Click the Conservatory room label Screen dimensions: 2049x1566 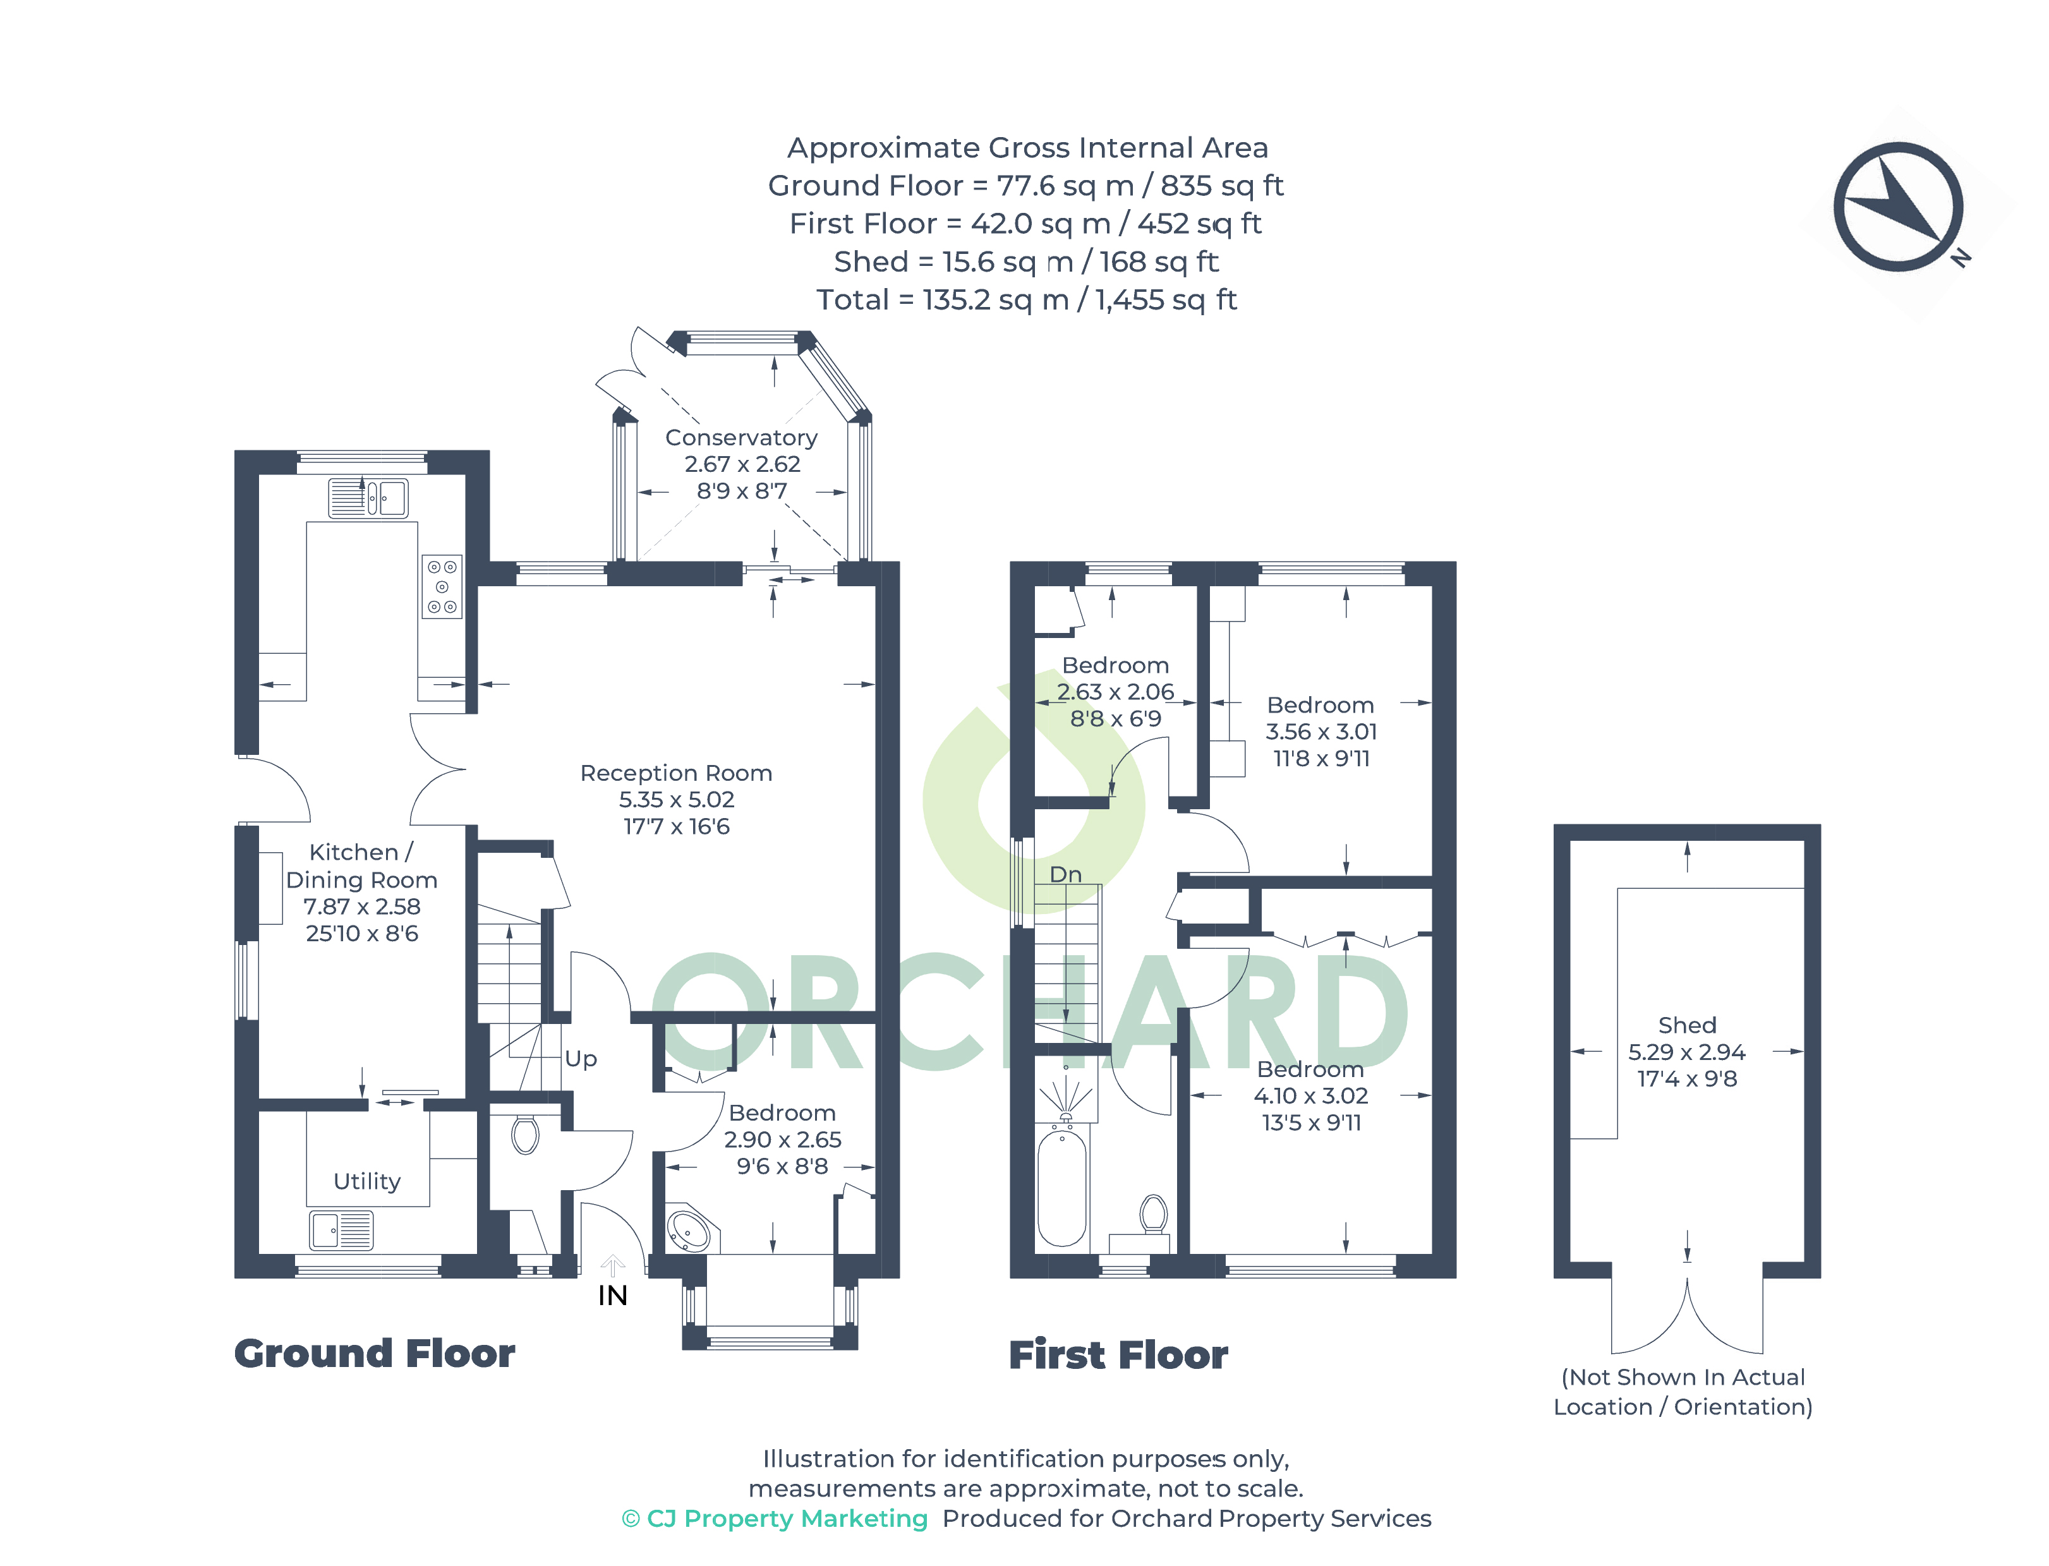coord(741,437)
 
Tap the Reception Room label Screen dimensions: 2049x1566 coord(676,773)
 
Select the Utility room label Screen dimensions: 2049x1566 coord(367,1181)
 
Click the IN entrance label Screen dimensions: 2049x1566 coord(612,1296)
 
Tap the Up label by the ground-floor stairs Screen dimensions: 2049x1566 coord(581,1059)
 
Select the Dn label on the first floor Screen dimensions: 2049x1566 coord(1065,874)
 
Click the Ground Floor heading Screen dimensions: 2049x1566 coord(374,1354)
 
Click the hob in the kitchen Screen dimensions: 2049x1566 coord(442,586)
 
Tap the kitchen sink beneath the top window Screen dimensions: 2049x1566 coord(368,498)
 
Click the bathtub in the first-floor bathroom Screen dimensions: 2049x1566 coord(1062,1186)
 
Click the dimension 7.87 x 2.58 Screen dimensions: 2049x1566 coord(361,906)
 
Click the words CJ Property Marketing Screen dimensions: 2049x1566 coord(787,1519)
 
